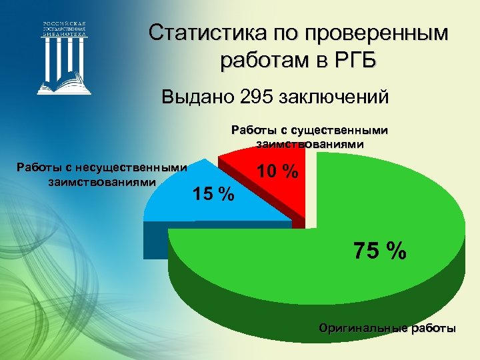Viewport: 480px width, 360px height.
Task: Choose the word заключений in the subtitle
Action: point(331,98)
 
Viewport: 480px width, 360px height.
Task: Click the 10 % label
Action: point(277,171)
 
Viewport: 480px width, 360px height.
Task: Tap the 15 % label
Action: point(213,194)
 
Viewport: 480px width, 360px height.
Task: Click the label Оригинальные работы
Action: point(387,328)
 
